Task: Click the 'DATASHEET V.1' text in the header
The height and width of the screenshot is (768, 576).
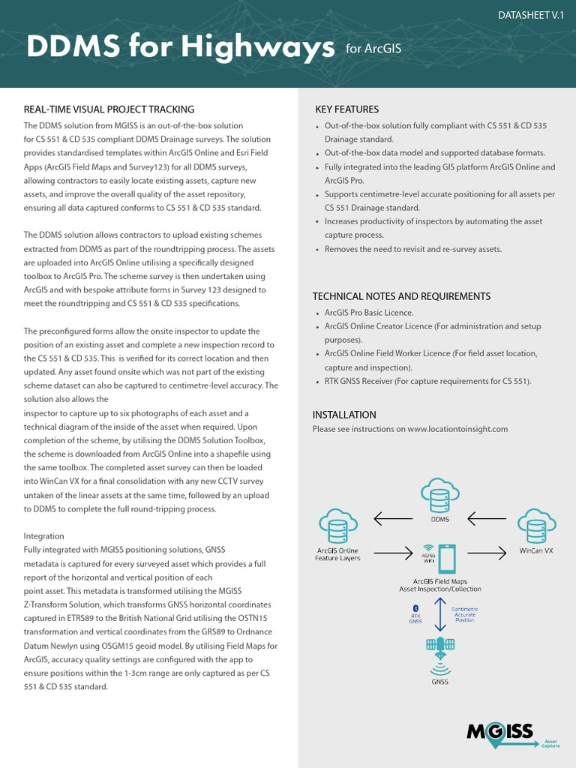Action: [531, 15]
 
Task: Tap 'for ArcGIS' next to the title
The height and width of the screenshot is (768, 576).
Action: [373, 49]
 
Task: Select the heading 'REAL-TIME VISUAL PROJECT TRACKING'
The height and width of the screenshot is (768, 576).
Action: [109, 109]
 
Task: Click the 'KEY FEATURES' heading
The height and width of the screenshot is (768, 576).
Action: [346, 109]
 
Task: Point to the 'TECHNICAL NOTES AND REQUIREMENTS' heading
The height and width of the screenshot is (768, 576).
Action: [401, 296]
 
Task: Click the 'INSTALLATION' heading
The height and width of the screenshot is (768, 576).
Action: [344, 415]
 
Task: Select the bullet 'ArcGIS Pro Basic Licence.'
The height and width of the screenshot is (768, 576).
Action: [368, 313]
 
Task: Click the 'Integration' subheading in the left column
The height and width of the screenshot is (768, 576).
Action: [44, 536]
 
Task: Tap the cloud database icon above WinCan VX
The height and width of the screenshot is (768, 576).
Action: [535, 525]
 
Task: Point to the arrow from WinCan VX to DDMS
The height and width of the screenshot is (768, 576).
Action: [487, 516]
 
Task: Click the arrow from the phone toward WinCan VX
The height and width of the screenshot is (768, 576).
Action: [487, 553]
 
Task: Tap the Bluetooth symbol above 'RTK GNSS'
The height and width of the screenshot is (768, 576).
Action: [415, 607]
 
